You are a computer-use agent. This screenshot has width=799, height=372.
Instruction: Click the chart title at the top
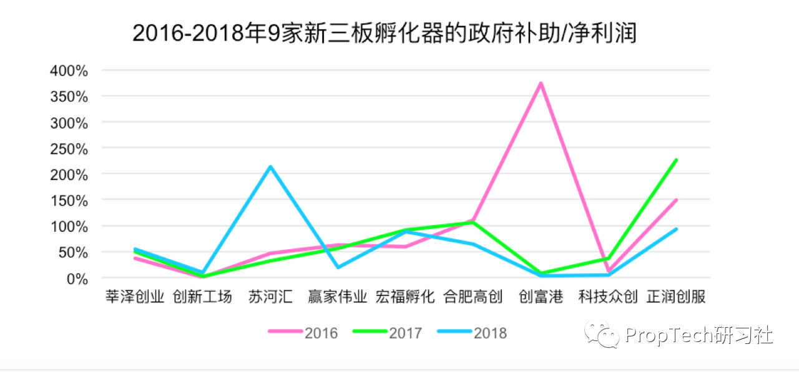(x=385, y=33)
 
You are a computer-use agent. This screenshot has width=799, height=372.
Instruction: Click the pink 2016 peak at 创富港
(x=541, y=83)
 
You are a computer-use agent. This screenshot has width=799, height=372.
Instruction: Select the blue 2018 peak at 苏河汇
(x=270, y=166)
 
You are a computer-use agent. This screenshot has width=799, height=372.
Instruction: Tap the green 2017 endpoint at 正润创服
(x=676, y=160)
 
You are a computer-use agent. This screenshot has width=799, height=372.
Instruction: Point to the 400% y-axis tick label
(x=69, y=70)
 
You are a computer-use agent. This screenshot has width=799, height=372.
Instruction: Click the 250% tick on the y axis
(x=69, y=148)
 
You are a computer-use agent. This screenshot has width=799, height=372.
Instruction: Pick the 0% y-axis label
(x=77, y=279)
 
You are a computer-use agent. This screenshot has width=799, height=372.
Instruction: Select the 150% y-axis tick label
(x=69, y=201)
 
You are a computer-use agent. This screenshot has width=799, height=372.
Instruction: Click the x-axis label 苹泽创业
(x=135, y=297)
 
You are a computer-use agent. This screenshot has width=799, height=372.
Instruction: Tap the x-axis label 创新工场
(x=202, y=297)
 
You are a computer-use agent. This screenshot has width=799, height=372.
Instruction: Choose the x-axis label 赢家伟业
(x=337, y=297)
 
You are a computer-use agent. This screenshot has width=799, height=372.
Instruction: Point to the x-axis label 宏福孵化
(x=405, y=297)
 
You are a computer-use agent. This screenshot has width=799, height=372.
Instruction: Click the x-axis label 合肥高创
(x=473, y=297)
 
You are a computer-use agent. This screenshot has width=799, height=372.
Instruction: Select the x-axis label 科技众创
(x=608, y=297)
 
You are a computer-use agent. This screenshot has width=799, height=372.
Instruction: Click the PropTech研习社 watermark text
(x=699, y=335)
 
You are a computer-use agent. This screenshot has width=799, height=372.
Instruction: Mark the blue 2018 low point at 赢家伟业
(x=338, y=267)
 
